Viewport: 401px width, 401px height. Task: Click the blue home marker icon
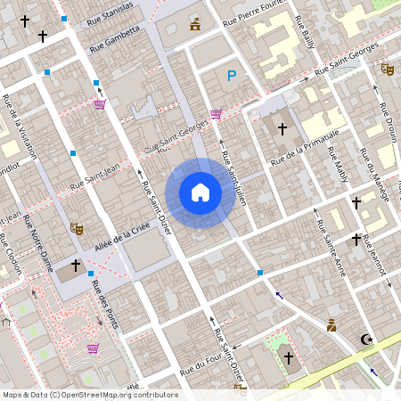[x=200, y=192]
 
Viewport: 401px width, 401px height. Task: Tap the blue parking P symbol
[x=232, y=77]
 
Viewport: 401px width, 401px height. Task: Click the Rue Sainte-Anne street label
[x=332, y=246]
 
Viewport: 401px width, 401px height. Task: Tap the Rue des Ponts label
[x=105, y=309]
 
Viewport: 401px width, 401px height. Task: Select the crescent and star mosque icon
[x=364, y=339]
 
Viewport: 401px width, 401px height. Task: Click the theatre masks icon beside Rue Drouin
[x=387, y=68]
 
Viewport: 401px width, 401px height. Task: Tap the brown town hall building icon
[x=195, y=23]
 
